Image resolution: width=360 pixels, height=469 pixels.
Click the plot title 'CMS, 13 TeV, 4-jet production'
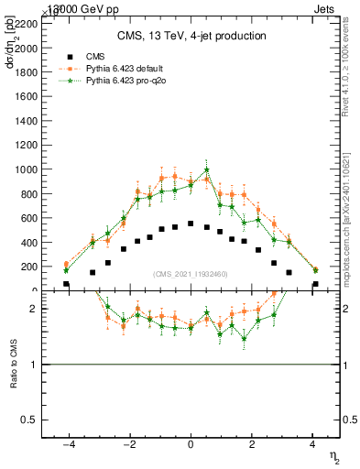coord(191,37)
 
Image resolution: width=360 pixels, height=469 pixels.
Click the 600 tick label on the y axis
coord(28,218)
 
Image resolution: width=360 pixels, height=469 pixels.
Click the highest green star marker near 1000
coord(207,169)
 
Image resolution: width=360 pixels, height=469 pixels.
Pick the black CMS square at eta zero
coord(191,224)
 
